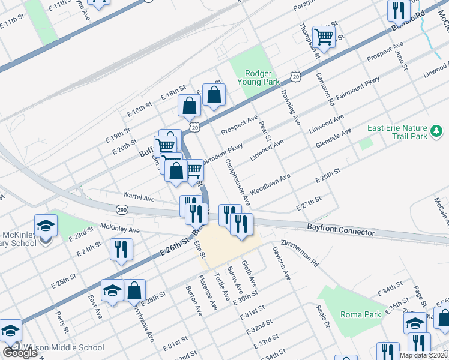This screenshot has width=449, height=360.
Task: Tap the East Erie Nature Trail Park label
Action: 397,132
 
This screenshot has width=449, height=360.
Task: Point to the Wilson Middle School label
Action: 63,347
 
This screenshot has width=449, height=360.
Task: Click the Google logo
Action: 20,353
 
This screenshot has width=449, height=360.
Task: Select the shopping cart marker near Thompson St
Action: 324,38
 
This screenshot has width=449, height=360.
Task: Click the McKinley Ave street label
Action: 119,229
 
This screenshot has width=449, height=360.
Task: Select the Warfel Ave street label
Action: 139,197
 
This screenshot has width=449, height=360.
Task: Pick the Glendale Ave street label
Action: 333,139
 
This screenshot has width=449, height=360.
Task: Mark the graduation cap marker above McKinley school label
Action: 46,227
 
